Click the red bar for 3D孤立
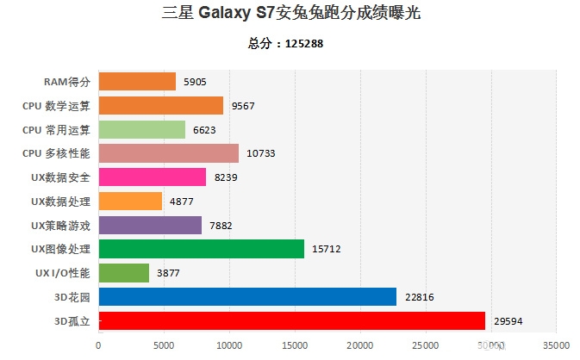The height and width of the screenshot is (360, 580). click(x=292, y=321)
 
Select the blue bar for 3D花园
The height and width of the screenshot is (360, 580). click(x=247, y=297)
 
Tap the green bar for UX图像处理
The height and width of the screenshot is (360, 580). click(x=202, y=249)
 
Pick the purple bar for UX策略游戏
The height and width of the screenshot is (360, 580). click(x=150, y=226)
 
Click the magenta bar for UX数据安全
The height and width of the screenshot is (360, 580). click(x=153, y=177)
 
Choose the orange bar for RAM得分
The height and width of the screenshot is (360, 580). click(x=137, y=82)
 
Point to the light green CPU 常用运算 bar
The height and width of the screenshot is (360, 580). click(x=142, y=130)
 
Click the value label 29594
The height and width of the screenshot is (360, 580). click(x=508, y=322)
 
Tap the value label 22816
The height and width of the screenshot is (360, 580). click(x=419, y=298)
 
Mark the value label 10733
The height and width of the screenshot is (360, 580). click(x=262, y=154)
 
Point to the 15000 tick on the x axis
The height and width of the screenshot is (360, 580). click(x=294, y=345)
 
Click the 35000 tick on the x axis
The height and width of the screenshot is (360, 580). click(x=555, y=345)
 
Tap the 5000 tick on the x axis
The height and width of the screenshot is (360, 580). click(x=164, y=345)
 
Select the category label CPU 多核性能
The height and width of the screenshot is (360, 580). click(x=55, y=153)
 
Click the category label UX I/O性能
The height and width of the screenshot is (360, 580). click(x=59, y=273)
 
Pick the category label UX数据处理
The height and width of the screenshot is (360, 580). click(x=59, y=202)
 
